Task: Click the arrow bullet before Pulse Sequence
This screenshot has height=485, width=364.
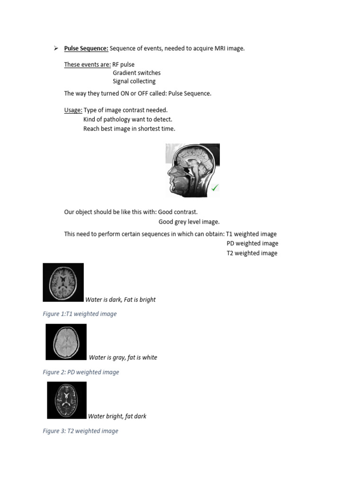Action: point(55,48)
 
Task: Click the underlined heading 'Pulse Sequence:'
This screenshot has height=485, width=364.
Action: point(86,48)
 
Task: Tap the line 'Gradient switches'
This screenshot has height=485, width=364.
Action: point(136,73)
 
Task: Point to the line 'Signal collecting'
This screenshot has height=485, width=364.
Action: point(134,81)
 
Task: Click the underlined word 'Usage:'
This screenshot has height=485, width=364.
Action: point(73,110)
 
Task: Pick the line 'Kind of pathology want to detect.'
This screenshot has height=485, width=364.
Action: point(127,119)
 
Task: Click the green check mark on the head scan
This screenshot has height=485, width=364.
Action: point(215,188)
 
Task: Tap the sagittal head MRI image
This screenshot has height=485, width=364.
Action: point(192,170)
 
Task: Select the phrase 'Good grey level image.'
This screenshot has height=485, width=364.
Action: point(189,222)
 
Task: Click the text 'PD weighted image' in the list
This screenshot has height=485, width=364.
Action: point(252,243)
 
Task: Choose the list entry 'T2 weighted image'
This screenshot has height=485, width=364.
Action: point(252,253)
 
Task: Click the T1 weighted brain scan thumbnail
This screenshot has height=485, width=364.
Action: point(63,282)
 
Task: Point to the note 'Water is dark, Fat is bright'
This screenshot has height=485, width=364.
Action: point(120,300)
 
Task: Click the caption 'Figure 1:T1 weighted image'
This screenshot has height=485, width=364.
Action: point(80,314)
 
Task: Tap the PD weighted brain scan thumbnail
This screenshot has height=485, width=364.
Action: point(66,342)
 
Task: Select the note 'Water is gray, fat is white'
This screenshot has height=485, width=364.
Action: point(123,358)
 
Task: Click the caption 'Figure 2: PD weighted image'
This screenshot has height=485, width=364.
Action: point(81,372)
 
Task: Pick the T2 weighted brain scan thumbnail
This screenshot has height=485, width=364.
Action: point(67,400)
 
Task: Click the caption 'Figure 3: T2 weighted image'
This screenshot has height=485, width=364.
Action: point(81,431)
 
